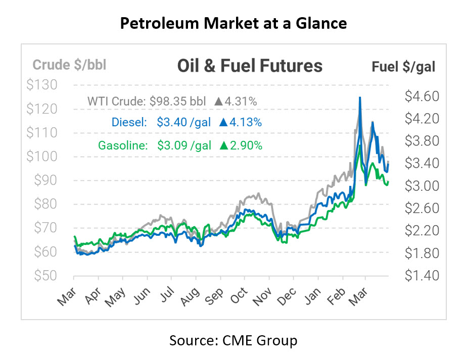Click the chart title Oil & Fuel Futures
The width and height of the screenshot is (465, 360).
[x=250, y=66]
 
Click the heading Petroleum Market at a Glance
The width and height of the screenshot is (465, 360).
[x=232, y=24]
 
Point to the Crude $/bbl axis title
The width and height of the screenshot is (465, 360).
[x=69, y=65]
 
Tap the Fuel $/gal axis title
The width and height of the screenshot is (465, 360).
[x=403, y=66]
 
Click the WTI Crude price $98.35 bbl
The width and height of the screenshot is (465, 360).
[x=178, y=101]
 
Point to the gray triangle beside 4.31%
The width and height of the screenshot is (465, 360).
[x=218, y=101]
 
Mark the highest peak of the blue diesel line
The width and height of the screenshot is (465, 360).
[x=360, y=97]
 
